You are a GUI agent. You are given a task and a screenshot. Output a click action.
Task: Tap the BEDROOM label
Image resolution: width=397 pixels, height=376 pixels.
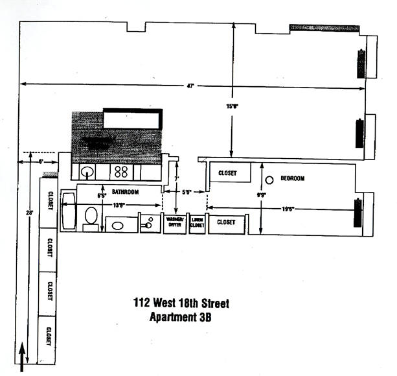pos(292,178)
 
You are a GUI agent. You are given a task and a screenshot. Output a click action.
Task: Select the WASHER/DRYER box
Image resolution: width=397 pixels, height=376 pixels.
pos(174,222)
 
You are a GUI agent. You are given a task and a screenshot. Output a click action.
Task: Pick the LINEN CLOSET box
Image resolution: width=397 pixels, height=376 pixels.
pos(197,222)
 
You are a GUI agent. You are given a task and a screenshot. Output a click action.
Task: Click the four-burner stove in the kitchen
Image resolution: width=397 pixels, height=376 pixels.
pos(120,172)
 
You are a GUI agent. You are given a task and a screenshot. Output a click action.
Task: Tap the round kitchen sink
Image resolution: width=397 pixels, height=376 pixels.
pos(87,172)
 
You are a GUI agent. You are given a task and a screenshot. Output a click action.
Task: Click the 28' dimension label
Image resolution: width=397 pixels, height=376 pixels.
pos(29,213)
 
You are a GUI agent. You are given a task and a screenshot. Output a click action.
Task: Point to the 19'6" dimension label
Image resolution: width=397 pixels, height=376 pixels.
pos(288,209)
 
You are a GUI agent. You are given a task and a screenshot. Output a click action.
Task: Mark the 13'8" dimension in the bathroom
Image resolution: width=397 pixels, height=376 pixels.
pos(118,205)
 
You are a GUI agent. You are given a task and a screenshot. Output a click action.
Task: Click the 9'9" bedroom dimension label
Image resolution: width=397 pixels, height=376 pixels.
pos(261,194)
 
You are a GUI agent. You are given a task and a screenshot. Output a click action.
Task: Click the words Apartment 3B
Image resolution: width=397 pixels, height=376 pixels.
pos(181,318)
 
